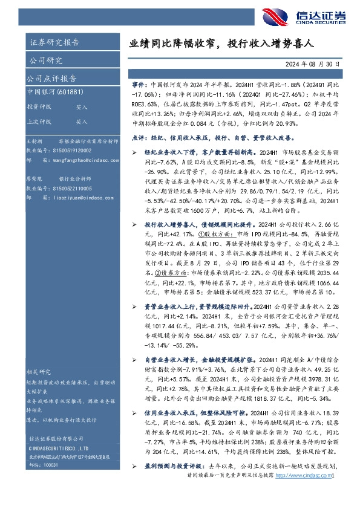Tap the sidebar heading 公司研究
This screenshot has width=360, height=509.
(45, 60)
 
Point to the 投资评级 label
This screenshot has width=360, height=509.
(39, 106)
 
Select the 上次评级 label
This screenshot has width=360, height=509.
(39, 122)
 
